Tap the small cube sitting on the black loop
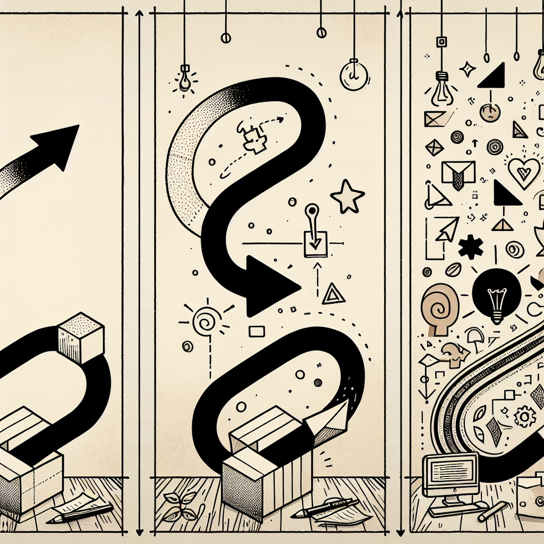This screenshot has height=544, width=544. (x=80, y=338)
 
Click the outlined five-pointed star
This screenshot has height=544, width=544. (x=347, y=197)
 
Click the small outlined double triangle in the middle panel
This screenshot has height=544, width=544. (x=333, y=294)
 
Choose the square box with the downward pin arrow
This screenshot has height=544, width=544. (x=315, y=243)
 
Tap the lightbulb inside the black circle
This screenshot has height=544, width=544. (x=496, y=298)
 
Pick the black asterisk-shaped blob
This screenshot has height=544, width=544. (x=471, y=248)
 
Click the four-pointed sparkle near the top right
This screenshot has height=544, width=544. (x=467, y=69)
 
